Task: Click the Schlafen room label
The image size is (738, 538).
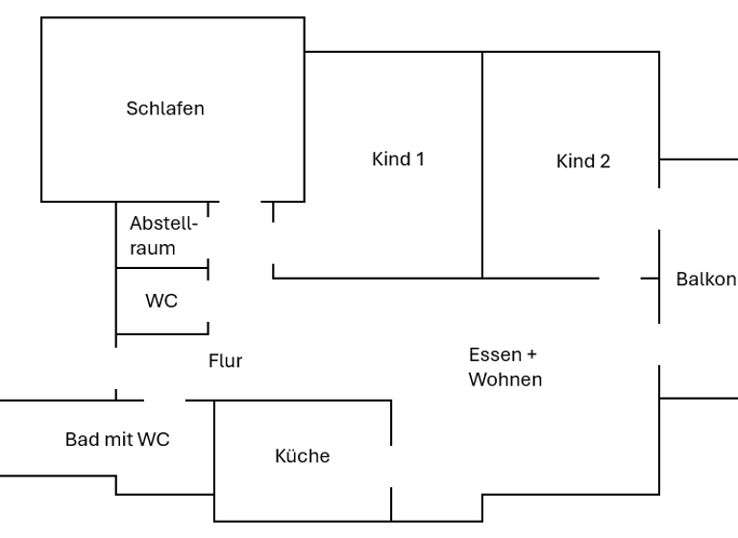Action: click(x=165, y=109)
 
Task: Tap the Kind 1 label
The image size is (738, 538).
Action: click(x=398, y=159)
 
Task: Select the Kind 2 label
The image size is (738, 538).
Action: click(x=582, y=161)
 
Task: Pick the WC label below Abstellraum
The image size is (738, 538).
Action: click(x=161, y=302)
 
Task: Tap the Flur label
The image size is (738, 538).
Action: click(x=226, y=361)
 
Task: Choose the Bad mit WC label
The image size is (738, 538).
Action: click(x=117, y=440)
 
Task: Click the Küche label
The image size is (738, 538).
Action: click(x=302, y=456)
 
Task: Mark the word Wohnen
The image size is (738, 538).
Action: click(x=505, y=379)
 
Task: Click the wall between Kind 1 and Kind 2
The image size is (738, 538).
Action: click(x=482, y=163)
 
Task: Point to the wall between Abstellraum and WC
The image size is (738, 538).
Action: click(x=161, y=268)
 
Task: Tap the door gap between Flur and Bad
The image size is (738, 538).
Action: click(x=164, y=400)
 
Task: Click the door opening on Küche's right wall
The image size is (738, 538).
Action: click(x=391, y=467)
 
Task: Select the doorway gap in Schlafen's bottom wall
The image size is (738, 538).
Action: click(x=240, y=203)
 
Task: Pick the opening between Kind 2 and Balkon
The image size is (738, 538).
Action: click(x=659, y=208)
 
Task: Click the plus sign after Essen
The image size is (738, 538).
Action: click(x=531, y=354)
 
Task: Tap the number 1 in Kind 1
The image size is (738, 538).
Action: click(x=420, y=159)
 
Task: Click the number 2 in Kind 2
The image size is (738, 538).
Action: click(x=604, y=161)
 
